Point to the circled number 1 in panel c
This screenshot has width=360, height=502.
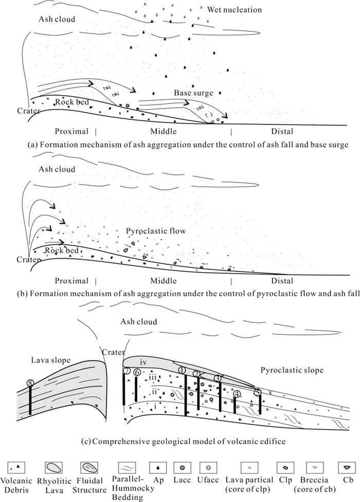[x=181, y=370]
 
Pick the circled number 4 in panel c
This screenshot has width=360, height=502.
[x=237, y=395]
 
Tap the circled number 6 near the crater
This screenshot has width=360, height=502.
[x=136, y=372]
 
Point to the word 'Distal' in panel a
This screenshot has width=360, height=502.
[x=282, y=131]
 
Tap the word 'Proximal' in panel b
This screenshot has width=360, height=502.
[x=74, y=281]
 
